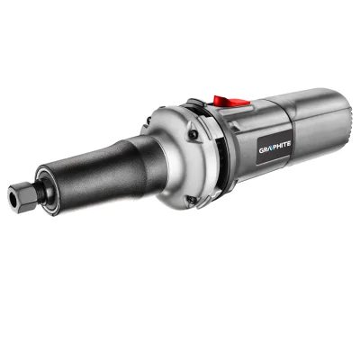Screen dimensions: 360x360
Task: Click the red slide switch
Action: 231,101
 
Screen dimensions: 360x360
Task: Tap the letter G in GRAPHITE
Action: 262,149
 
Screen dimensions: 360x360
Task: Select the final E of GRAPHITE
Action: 288,143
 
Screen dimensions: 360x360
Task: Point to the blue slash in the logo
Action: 270,148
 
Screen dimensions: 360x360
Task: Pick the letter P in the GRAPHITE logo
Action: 274,147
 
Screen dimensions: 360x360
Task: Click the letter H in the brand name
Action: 279,145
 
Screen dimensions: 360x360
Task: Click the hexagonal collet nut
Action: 21,196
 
